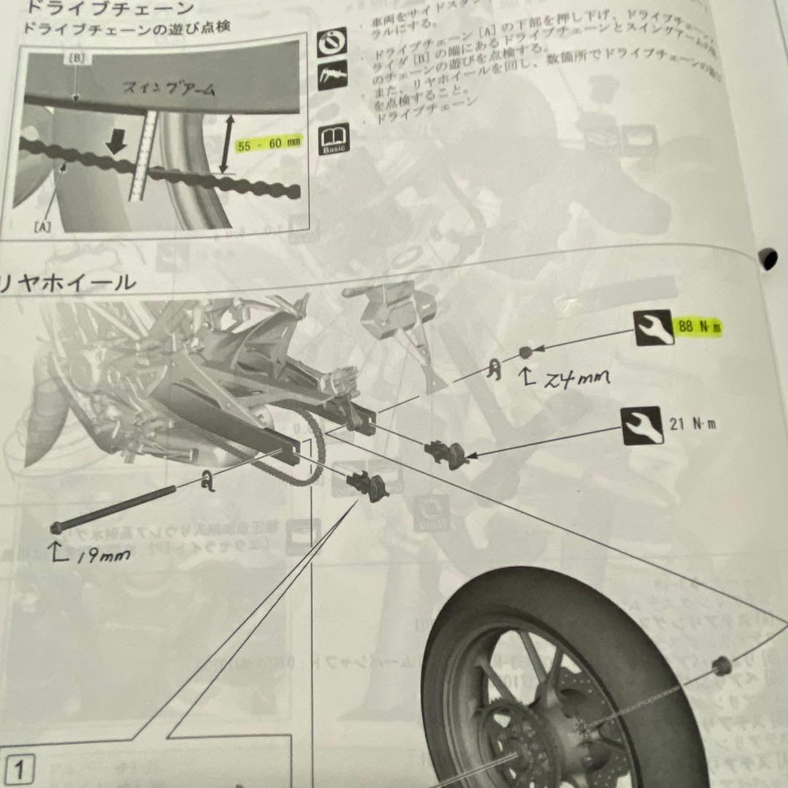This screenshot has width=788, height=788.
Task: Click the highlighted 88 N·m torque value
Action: point(698,327)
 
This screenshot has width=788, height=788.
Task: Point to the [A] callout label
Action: point(42,228)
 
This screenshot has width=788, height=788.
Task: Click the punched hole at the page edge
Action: point(768,257)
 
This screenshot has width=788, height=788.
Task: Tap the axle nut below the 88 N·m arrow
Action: point(525,353)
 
